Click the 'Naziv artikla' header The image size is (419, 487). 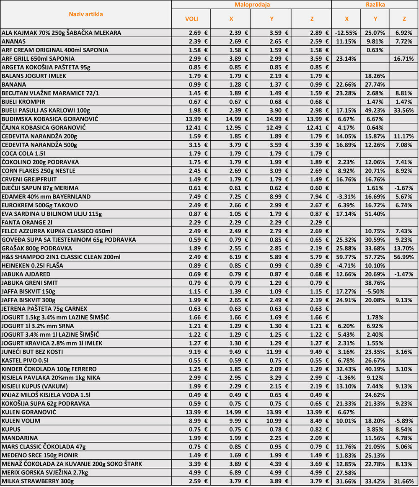(x=86, y=14)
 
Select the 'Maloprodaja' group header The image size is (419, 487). (x=251, y=5)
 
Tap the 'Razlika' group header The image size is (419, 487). (x=375, y=5)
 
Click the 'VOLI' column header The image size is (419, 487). (x=191, y=19)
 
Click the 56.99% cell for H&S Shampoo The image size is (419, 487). (x=403, y=257)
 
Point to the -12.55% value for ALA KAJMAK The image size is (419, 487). (x=346, y=32)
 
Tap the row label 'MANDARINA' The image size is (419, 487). (x=17, y=438)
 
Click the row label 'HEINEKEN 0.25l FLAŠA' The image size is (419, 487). (x=32, y=265)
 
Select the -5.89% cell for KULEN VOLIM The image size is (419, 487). (x=403, y=420)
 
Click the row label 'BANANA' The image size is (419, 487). (x=13, y=84)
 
